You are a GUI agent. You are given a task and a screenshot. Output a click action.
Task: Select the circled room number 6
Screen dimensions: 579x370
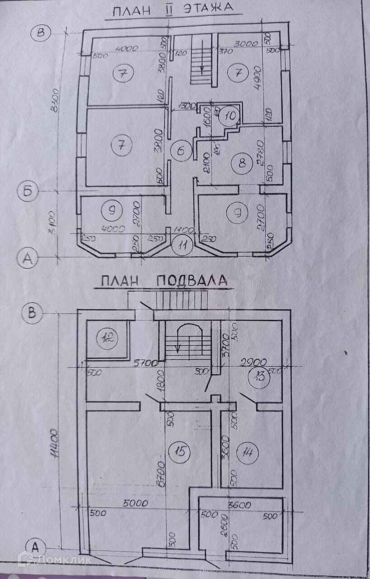click(180, 151)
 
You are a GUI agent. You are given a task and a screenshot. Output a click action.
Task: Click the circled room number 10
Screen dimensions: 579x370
click(230, 115)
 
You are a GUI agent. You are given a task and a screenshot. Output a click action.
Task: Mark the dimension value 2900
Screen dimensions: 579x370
click(255, 363)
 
